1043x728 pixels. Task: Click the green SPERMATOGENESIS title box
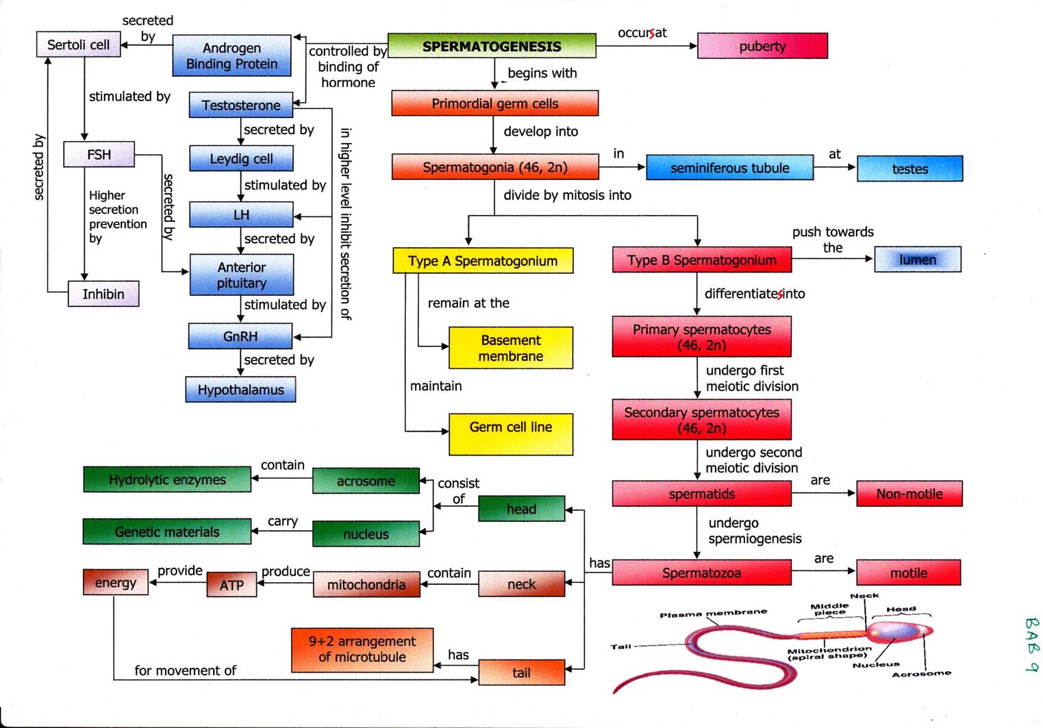pos(491,46)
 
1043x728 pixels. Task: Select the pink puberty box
pos(762,46)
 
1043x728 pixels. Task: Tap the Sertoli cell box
pos(78,45)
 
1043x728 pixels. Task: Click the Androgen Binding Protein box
pos(231,55)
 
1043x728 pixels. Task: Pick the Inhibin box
pos(103,294)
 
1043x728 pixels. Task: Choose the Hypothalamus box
pos(240,390)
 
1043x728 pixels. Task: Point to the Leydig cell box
pos(241,159)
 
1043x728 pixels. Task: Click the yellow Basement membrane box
pos(510,348)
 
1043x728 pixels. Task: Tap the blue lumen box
pos(917,260)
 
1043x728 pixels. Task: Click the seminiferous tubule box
pos(729,168)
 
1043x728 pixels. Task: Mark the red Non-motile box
pos(909,494)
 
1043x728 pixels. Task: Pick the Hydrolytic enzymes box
pos(167,479)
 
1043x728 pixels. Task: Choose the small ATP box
pos(231,585)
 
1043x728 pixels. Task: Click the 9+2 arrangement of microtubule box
pos(362,649)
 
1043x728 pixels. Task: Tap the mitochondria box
pos(366,585)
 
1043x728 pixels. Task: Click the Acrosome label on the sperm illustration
pos(921,674)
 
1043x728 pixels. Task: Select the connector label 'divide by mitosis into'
pos(567,195)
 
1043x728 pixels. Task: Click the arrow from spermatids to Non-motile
pos(823,493)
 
